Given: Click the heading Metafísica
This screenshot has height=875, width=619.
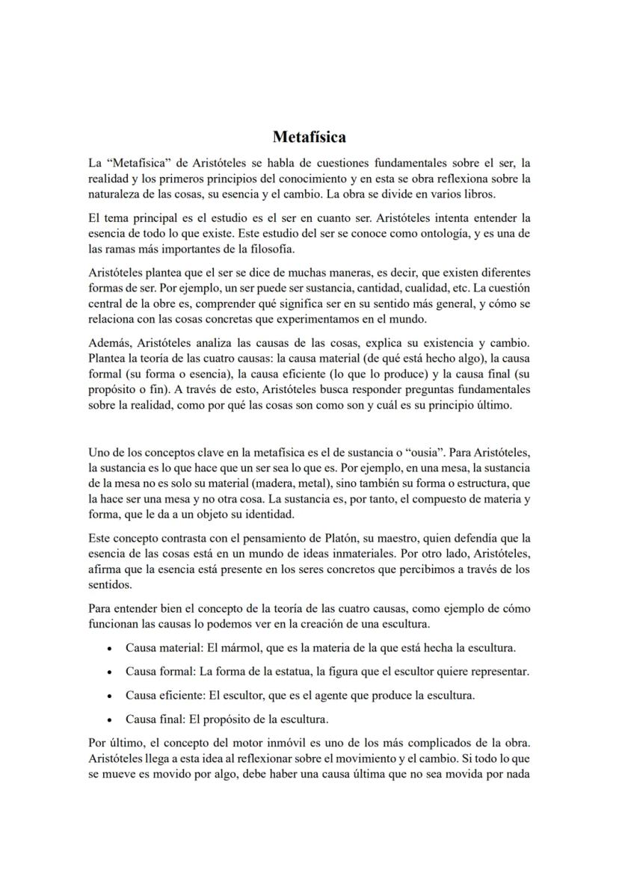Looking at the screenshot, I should tap(309, 137).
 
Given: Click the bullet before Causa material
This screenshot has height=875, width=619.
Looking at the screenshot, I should tap(110, 649).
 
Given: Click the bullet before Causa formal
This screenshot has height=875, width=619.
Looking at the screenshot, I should tap(110, 673).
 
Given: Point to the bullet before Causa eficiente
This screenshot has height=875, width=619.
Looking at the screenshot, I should tap(110, 696).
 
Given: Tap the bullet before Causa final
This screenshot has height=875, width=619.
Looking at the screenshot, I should tap(110, 720).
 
